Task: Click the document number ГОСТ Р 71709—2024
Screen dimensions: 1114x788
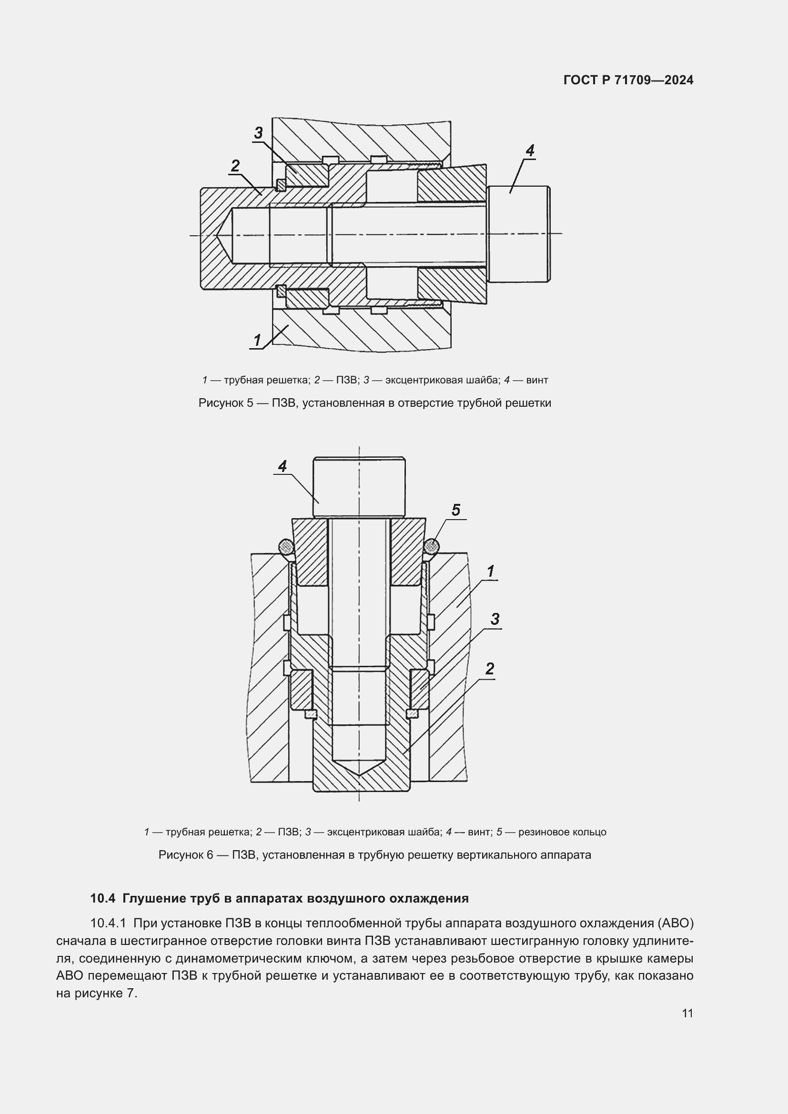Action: coord(628,80)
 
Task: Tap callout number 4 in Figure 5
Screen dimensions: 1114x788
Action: coord(529,151)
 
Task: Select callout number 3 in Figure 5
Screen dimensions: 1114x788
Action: coord(258,132)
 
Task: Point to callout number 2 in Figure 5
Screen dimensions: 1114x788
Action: coord(235,166)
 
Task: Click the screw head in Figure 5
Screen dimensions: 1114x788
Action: coord(519,234)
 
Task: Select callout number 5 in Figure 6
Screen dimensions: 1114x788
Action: coord(455,510)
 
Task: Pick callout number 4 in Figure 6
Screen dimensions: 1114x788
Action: coord(283,466)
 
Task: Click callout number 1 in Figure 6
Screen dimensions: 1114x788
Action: coord(491,571)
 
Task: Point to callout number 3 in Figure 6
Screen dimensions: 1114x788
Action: coord(495,619)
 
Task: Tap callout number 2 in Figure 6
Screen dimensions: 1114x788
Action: coord(490,669)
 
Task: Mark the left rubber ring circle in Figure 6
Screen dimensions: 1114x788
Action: coord(286,547)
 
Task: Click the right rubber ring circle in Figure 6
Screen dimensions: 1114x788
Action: coord(431,547)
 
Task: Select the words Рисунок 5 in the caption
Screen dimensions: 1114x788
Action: coord(225,403)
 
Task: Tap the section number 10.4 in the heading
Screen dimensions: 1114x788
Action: coord(102,898)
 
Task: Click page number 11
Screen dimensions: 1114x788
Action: coord(687,1013)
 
